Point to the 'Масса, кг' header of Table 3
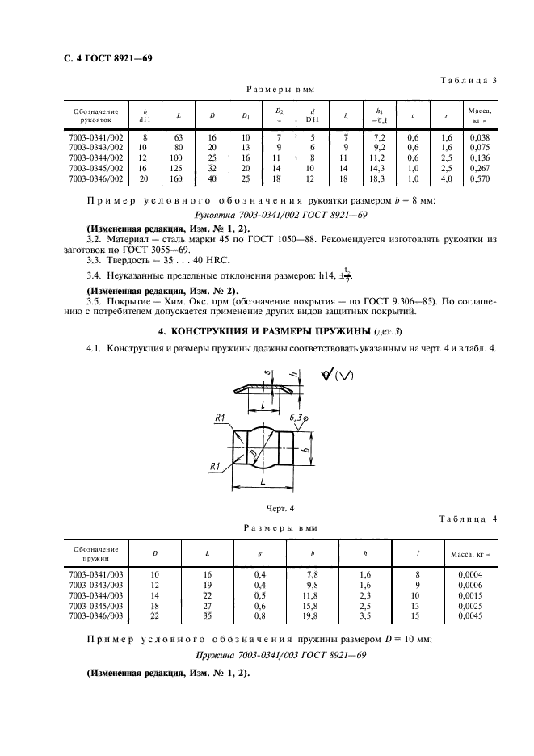(x=480, y=115)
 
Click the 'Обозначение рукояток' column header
(x=96, y=115)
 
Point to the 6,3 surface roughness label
(x=294, y=418)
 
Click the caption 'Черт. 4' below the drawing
(x=280, y=507)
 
